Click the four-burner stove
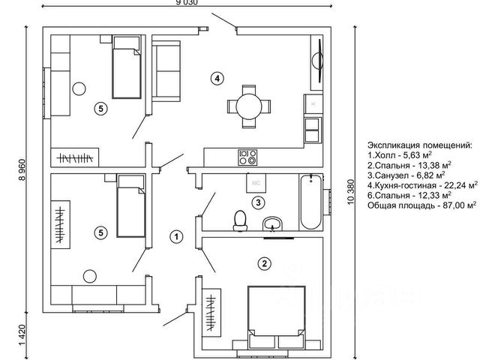pos(247,157)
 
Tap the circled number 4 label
pos(216,78)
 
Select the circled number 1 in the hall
pos(175,238)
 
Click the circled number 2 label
pos(264,262)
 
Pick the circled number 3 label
pos(257,202)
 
